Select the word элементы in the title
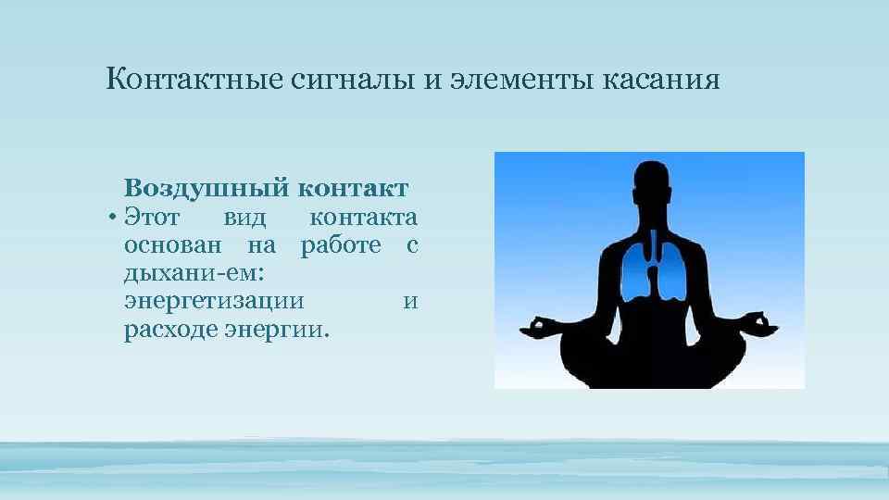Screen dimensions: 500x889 (x=524, y=80)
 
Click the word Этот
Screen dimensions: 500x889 (x=152, y=219)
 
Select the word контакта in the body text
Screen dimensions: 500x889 (x=364, y=219)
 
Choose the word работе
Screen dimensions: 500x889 (x=342, y=245)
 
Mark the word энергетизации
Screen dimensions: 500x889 (x=212, y=302)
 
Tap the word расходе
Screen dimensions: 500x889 (x=169, y=330)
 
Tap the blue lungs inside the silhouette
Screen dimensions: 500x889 (x=649, y=268)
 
